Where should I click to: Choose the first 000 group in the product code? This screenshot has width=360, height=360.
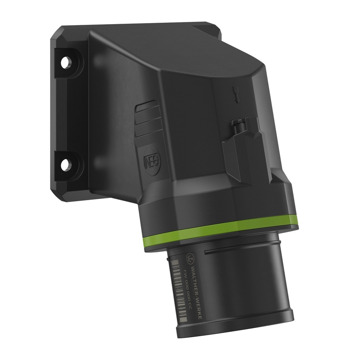click(x=186, y=283)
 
